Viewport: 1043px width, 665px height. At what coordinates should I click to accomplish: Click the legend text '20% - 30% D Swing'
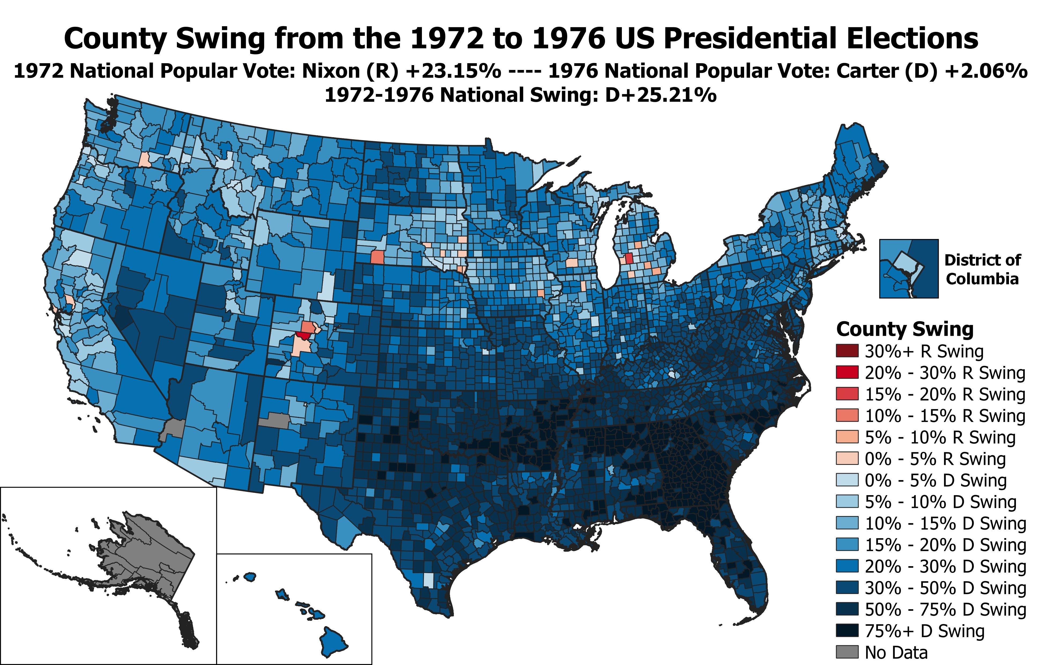[945, 566]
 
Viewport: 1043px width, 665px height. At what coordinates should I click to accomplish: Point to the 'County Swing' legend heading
[904, 329]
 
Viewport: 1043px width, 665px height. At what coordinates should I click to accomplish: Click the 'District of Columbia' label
[982, 269]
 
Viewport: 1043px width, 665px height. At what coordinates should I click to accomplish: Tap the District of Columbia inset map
[909, 268]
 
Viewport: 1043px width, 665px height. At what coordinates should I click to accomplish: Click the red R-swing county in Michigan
[629, 259]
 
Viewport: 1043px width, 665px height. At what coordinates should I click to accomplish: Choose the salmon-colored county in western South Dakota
[377, 257]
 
